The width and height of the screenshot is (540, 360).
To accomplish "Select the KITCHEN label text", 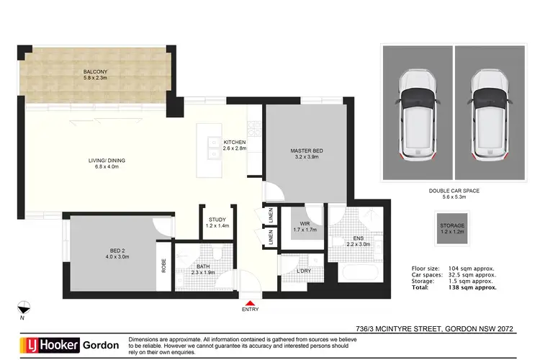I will click(x=235, y=143).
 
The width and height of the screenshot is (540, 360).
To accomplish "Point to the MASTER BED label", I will click(x=307, y=150).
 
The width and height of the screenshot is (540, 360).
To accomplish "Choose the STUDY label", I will click(x=217, y=220).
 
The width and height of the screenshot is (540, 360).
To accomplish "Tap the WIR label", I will click(x=305, y=224).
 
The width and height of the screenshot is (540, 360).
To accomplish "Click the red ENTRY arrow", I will click(x=251, y=303).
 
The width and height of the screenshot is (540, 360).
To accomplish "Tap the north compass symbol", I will click(x=24, y=306).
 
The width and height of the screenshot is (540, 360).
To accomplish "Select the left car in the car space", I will click(x=417, y=115).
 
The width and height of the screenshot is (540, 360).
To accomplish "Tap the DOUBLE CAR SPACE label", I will click(x=454, y=191).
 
